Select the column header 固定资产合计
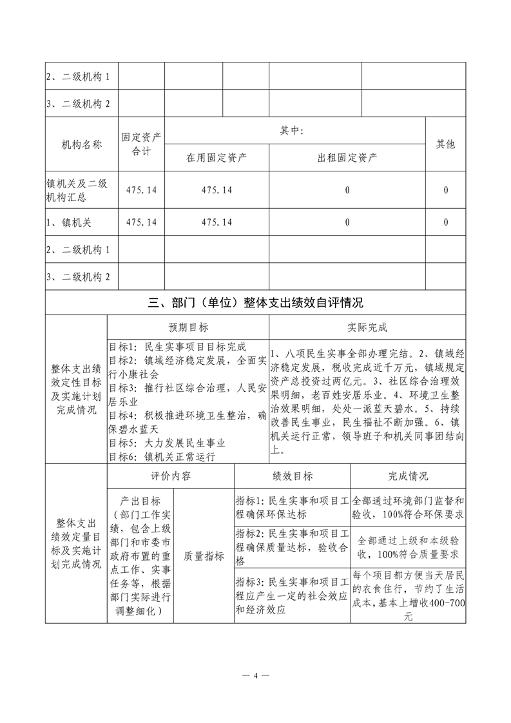pos(141,144)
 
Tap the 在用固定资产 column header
pos(217,157)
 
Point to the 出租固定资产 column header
pos(347,157)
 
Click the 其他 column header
pos(445,144)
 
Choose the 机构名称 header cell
pos(81,144)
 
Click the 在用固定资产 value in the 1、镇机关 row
pos(217,222)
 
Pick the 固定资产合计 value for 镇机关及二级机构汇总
pos(141,190)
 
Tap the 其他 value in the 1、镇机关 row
pos(445,222)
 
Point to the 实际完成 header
pos(367,327)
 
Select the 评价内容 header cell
pos(171,476)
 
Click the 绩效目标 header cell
pos(293,476)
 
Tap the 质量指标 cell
pos(204,556)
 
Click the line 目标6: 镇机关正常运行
pos(162,457)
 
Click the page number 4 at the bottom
pos(256,676)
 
